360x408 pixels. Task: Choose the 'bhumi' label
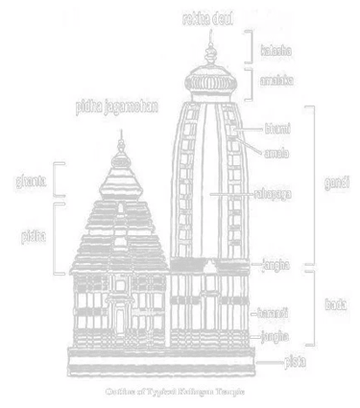[x=276, y=127]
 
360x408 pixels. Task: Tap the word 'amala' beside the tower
[x=277, y=151]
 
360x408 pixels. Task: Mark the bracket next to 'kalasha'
[x=252, y=45]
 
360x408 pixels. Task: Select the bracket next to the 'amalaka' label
[x=252, y=84]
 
